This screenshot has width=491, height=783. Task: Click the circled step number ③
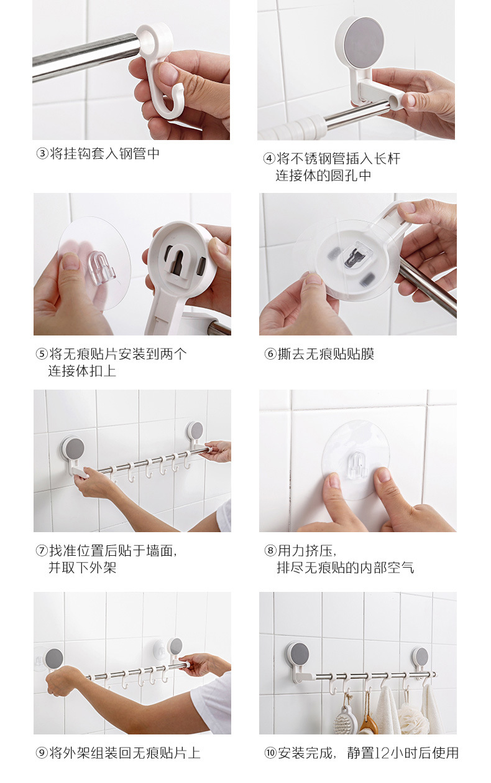pos(42,154)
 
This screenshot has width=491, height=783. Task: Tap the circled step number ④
pos(269,159)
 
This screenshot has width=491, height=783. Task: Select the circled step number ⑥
pos(270,354)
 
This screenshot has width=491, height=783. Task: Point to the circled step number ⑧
pos(270,551)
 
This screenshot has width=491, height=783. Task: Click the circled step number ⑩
pos(270,753)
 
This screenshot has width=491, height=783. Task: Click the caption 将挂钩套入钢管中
pos(104,154)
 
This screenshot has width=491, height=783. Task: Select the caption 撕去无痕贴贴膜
pos(325,354)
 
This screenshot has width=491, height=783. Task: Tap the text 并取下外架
pos(82,568)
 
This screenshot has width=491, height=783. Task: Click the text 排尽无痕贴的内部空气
pos(345,568)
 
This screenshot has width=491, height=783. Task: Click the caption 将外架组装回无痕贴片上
pos(124,753)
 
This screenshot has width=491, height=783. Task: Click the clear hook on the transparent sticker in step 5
pos(98,267)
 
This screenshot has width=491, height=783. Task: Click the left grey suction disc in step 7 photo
pos(73,448)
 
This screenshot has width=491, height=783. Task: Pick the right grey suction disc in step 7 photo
pos(196,431)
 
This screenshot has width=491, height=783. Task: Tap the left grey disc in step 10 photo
pos(299,655)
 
